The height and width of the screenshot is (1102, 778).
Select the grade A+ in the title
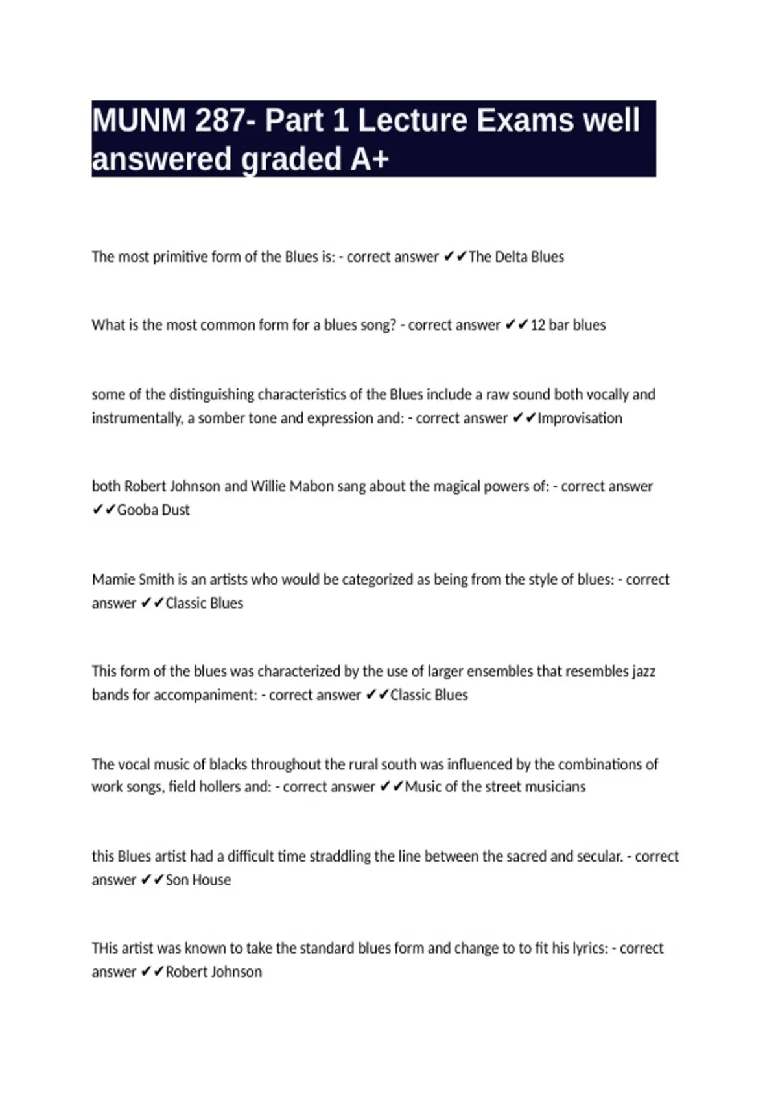click(369, 159)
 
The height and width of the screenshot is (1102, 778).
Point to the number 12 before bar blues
click(537, 325)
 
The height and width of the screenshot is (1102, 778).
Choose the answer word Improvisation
click(580, 418)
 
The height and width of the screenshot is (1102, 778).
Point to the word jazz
click(643, 671)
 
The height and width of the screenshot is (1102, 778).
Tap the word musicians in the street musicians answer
click(555, 787)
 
